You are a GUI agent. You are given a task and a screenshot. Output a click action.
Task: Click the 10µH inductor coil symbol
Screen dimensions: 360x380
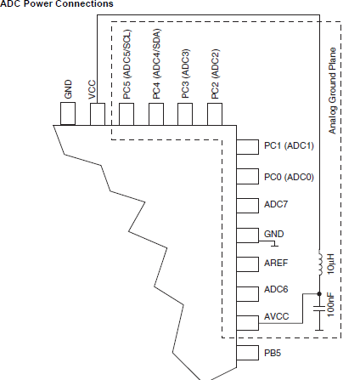point(320,263)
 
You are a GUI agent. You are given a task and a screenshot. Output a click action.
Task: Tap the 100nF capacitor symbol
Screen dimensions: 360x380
point(319,309)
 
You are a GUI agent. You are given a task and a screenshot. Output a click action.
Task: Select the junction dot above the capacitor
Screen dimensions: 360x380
point(319,294)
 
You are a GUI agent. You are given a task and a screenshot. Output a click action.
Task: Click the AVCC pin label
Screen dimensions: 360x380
point(276,316)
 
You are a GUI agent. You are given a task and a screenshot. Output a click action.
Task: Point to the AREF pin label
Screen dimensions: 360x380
point(276,263)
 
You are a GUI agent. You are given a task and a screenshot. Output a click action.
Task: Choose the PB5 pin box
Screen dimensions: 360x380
point(248,353)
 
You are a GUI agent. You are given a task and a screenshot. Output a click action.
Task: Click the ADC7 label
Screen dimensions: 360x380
point(276,204)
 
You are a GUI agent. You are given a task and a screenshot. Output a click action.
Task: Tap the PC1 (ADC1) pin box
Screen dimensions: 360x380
point(248,147)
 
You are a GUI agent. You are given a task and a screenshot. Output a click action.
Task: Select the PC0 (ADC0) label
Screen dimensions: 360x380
point(289,177)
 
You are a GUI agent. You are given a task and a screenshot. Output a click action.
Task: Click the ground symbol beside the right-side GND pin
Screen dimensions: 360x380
point(274,244)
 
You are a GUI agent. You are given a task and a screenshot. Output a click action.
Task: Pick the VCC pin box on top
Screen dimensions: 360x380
point(98,114)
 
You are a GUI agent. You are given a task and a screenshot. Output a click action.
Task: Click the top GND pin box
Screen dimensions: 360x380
point(68,114)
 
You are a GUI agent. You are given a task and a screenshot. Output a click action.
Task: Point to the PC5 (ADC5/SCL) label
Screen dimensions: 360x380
point(127,64)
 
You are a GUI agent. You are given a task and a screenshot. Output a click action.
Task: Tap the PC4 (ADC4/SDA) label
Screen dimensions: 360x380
point(156,64)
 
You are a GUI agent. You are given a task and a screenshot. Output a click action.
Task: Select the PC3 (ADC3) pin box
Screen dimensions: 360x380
point(185,114)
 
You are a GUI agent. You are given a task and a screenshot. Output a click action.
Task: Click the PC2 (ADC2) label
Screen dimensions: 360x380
point(215,74)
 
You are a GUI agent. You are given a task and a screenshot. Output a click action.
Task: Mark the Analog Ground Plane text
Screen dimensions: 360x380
point(332,91)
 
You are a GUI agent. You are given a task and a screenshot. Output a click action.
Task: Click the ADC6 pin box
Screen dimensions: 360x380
point(248,294)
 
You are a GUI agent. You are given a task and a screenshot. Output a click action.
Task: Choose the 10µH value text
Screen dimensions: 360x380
point(330,264)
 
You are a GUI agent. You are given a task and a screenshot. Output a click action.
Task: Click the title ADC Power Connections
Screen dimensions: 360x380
point(57,3)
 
